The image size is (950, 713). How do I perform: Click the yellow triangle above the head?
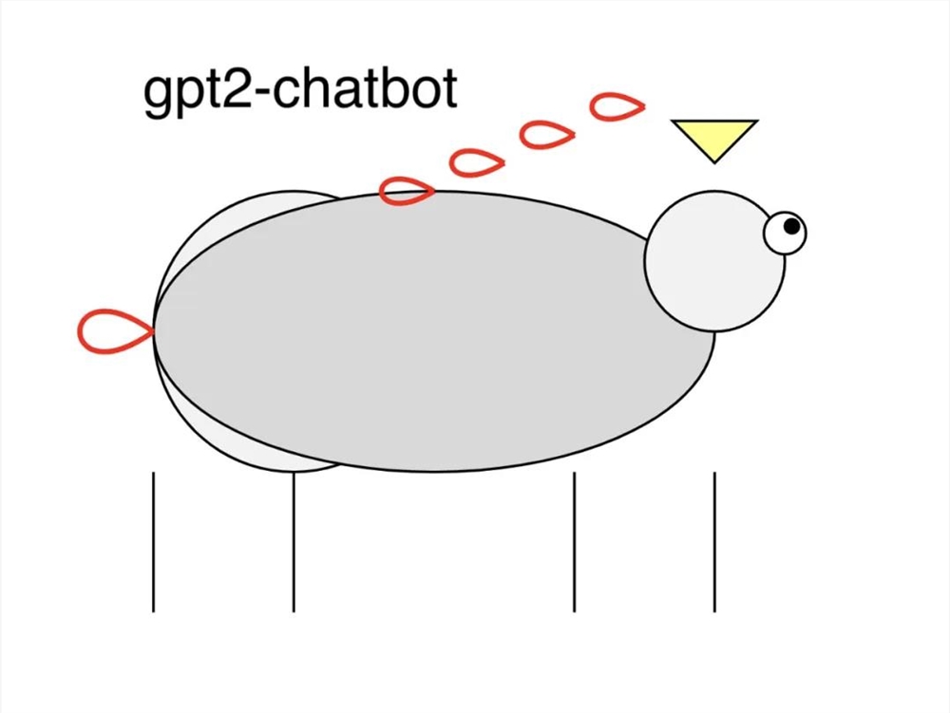[713, 136]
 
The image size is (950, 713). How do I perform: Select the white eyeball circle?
[781, 235]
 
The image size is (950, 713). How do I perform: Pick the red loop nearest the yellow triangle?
[617, 107]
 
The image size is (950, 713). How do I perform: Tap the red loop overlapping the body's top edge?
[407, 192]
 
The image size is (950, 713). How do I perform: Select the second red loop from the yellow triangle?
[547, 134]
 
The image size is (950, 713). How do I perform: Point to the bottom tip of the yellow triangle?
[714, 161]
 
